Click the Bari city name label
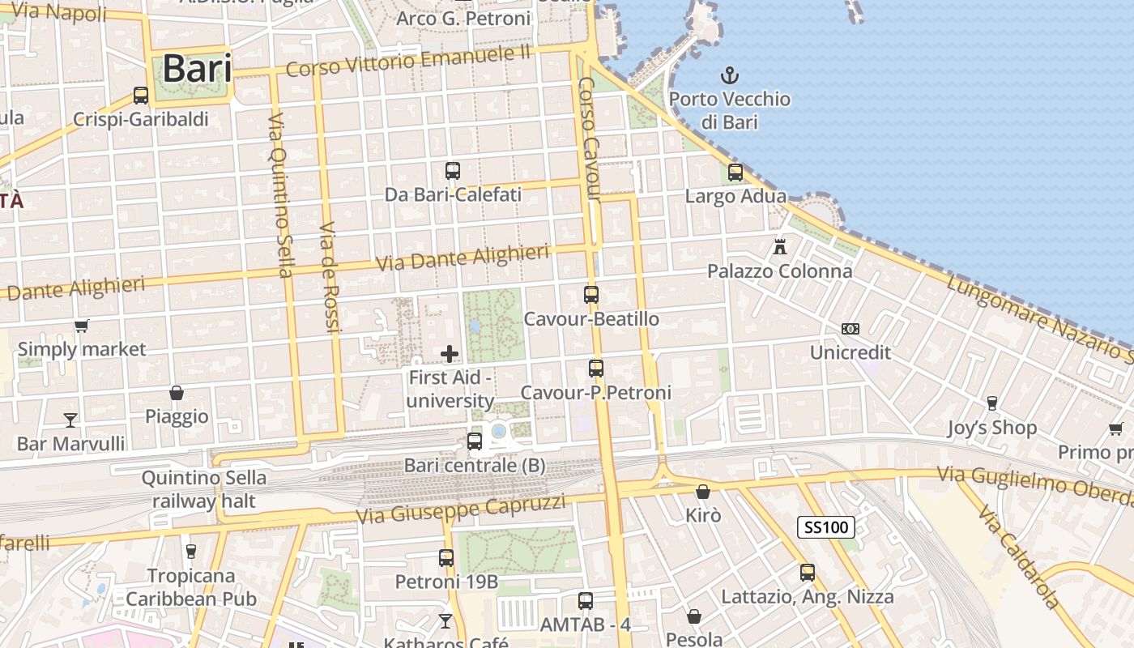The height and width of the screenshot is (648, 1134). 197,69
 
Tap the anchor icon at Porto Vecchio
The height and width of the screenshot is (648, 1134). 730,76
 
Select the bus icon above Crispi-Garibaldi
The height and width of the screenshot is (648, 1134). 141,96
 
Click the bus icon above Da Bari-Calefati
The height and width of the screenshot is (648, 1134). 453,171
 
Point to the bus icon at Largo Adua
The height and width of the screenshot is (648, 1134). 735,173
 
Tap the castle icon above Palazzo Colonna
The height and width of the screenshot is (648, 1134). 780,246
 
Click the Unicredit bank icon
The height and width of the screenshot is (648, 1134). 850,329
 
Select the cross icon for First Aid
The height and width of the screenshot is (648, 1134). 450,354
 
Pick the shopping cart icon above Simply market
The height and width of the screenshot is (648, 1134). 81,326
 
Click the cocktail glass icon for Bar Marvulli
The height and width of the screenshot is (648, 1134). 70,420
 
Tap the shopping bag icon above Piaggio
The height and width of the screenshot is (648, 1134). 177,394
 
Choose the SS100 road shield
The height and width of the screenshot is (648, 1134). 826,527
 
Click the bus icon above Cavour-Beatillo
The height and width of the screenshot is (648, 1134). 591,295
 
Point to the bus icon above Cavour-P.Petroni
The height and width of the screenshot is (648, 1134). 596,369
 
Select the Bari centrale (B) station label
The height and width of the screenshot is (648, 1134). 475,466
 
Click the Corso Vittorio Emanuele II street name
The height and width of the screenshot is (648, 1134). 408,62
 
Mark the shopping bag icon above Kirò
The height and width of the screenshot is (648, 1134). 702,492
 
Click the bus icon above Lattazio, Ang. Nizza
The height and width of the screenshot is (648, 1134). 808,573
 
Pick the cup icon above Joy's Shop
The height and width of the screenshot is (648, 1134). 991,403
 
